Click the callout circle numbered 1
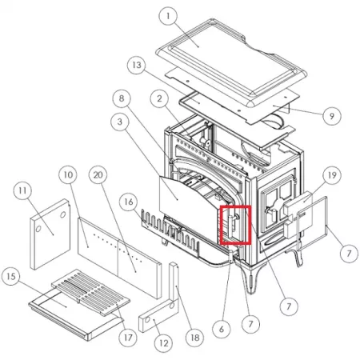pos(168,16)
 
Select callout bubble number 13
pos(137,65)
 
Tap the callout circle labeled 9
pos(332,116)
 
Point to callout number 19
pos(332,175)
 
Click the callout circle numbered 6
pos(222,329)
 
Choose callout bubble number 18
pos(195,338)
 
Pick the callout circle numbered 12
pos(163,343)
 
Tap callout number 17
pos(128,338)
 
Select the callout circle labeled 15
pos(11,276)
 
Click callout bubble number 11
pos(22,190)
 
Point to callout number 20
pos(98,175)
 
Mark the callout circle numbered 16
pos(129,202)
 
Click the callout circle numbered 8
pos(122,98)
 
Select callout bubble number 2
pos(159,98)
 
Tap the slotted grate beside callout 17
pos(90,292)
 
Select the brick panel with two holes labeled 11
pos(50,234)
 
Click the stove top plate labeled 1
pos(231,62)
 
